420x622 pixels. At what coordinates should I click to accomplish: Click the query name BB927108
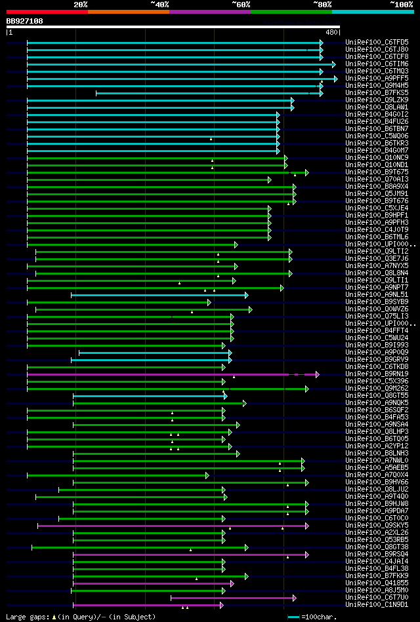[x=25, y=21]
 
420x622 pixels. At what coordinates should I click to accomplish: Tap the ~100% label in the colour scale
[x=401, y=5]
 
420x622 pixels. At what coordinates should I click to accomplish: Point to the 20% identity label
[x=81, y=5]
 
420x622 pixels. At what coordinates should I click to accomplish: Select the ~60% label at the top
[x=241, y=5]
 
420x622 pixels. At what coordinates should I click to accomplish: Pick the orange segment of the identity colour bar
[x=128, y=12]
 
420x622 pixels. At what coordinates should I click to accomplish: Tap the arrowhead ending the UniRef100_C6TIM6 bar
[x=333, y=64]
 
